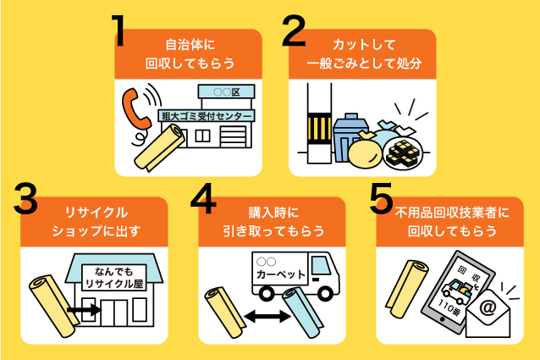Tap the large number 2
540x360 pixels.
click(293, 31)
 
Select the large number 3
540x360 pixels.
click(28, 201)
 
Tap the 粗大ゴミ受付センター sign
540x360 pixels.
click(206, 116)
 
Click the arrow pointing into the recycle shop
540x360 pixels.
click(85, 311)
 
